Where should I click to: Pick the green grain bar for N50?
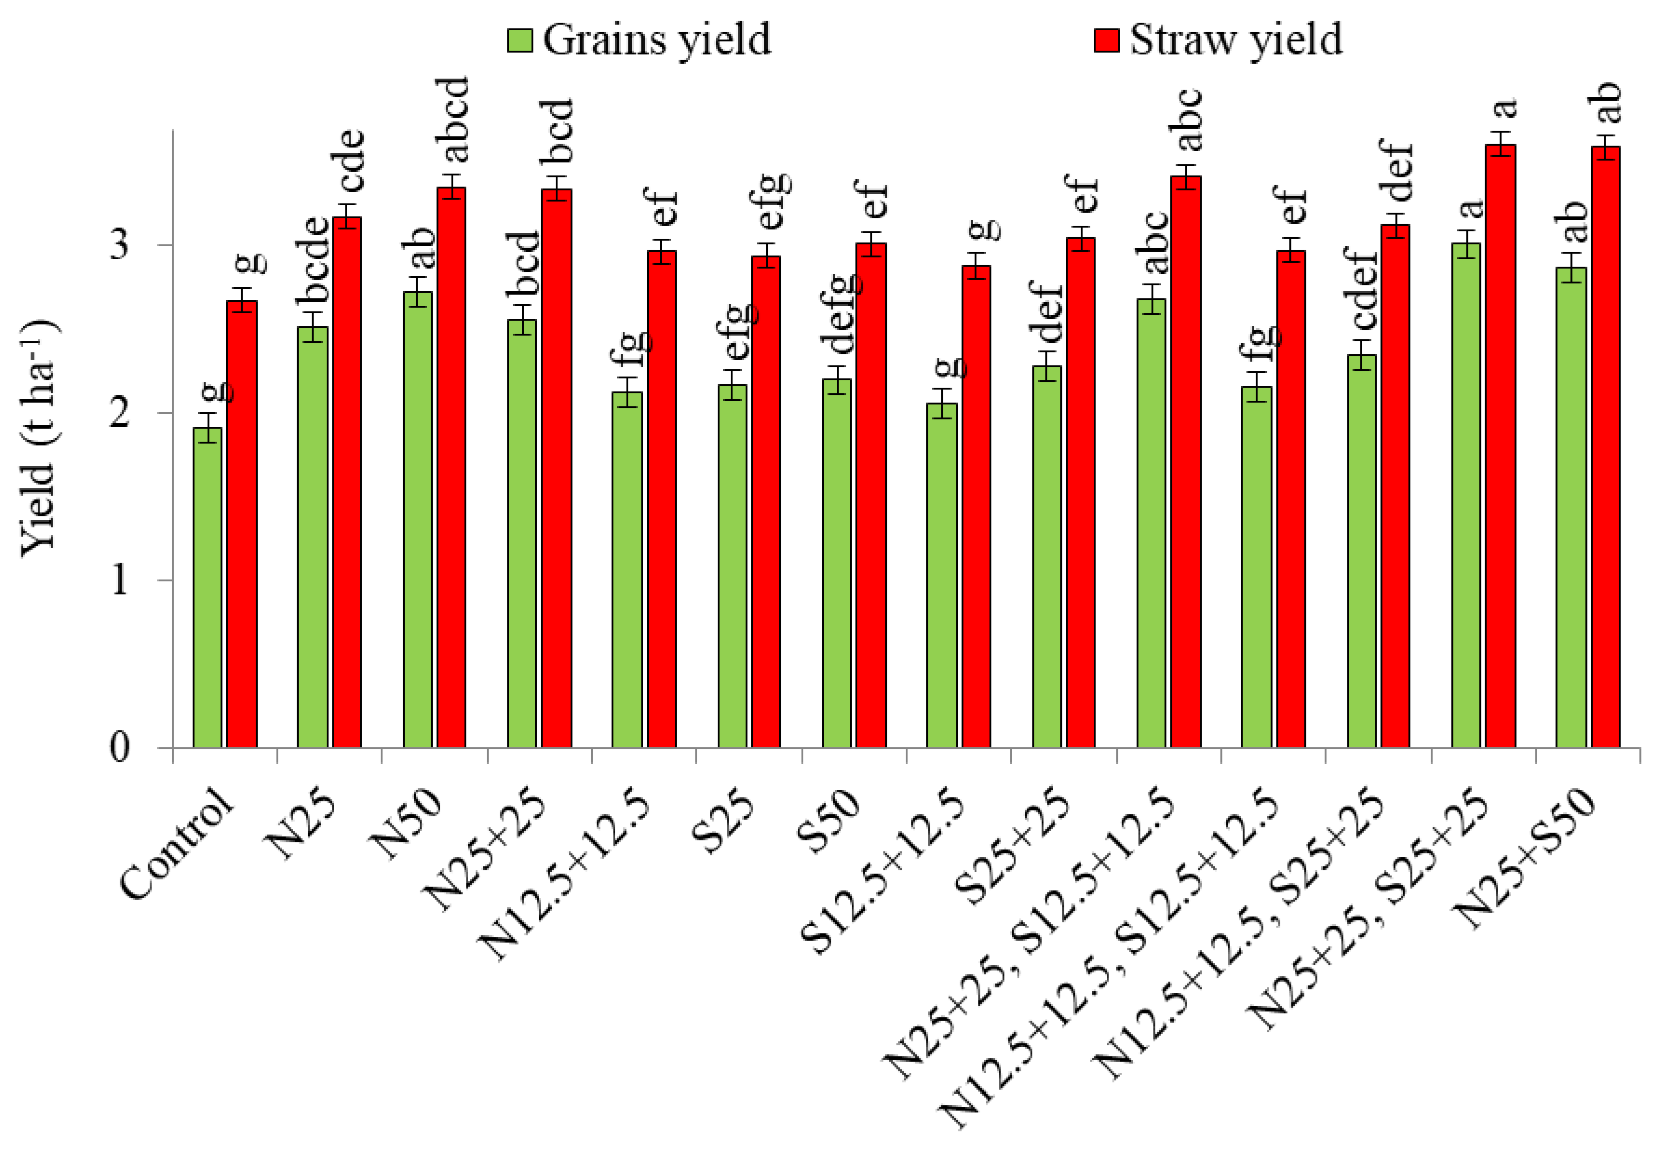tap(417, 519)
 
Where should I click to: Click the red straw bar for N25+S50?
tap(1605, 447)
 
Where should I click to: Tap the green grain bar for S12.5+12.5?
tap(942, 575)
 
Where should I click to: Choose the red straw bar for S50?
tap(871, 496)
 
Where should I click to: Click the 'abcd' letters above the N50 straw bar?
tap(456, 119)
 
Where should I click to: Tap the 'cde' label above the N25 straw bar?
tap(351, 160)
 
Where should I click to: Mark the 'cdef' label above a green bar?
tap(1360, 289)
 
